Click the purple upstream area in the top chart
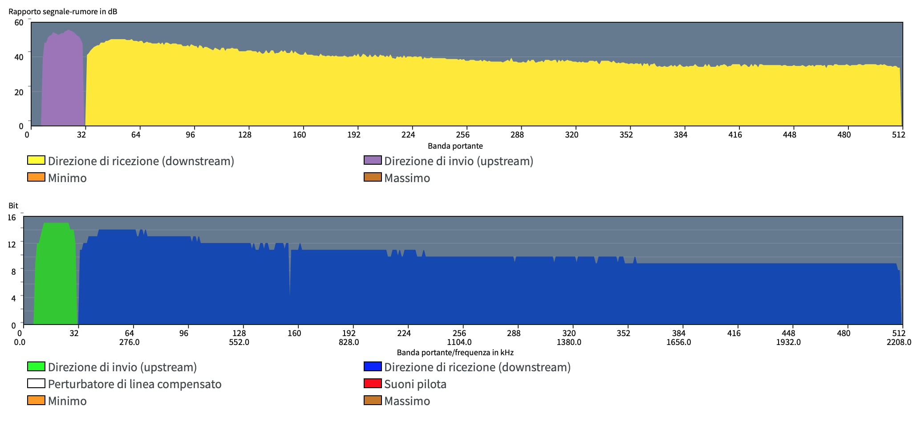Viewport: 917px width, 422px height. click(x=62, y=80)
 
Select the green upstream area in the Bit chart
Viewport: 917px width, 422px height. click(x=56, y=276)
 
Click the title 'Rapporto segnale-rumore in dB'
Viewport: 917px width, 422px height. click(x=63, y=12)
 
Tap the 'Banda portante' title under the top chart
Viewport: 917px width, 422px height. click(x=455, y=146)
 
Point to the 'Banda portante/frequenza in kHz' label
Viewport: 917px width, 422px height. click(x=455, y=353)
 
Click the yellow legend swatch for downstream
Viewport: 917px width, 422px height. click(x=36, y=160)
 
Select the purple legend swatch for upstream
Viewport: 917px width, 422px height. click(x=373, y=160)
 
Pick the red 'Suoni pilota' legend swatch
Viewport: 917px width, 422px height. click(x=373, y=383)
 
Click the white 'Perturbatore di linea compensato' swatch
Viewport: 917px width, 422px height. click(x=36, y=383)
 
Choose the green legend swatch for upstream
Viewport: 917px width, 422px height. click(x=36, y=366)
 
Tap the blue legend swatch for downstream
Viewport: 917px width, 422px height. click(x=373, y=366)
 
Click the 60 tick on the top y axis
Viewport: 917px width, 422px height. click(x=19, y=23)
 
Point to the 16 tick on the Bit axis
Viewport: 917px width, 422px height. click(x=12, y=218)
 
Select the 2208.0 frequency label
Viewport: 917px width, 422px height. click(x=899, y=342)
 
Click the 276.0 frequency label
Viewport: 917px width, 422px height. click(x=129, y=342)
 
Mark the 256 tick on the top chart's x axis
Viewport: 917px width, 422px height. click(x=463, y=135)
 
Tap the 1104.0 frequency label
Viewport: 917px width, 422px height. click(x=459, y=342)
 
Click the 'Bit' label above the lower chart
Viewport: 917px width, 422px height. click(x=13, y=206)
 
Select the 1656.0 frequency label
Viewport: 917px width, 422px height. click(x=678, y=342)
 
